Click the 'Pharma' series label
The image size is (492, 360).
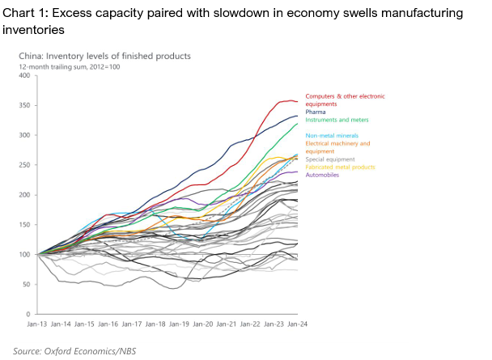click(316, 112)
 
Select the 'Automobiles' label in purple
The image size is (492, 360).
click(322, 175)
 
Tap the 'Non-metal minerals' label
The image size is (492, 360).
click(332, 136)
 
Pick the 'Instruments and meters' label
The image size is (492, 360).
click(337, 120)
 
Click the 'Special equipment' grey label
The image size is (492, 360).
click(330, 159)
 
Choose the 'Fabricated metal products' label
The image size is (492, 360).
click(340, 167)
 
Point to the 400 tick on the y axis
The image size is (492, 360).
click(24, 75)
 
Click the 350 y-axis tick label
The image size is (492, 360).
click(24, 105)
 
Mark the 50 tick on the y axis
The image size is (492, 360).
click(26, 285)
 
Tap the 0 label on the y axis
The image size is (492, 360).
click(28, 314)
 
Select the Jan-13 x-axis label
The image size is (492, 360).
click(36, 324)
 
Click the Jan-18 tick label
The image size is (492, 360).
click(155, 324)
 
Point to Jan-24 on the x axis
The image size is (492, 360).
click(298, 324)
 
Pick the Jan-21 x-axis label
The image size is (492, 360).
click(227, 324)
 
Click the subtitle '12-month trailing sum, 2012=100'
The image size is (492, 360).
click(70, 67)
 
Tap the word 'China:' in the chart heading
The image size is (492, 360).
click(31, 56)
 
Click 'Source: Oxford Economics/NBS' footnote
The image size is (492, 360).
click(74, 351)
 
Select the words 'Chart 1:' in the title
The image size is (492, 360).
click(25, 13)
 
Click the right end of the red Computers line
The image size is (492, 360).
click(298, 101)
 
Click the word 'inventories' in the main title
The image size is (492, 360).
click(33, 30)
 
